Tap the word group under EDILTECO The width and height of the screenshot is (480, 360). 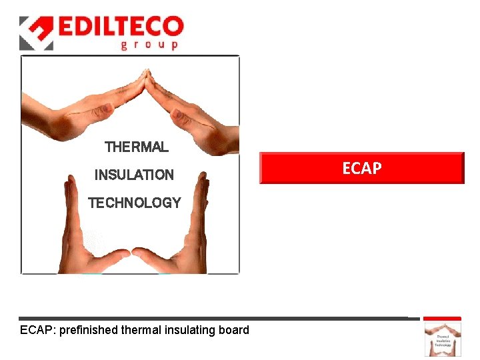[149, 45]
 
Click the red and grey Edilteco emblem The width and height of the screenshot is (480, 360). [36, 33]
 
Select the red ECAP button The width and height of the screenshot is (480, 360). [361, 168]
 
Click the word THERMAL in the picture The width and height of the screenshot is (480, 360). [137, 147]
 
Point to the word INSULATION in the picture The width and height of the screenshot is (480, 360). [134, 175]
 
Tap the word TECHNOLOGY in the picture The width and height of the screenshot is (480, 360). [134, 203]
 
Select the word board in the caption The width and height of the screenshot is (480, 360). [234, 330]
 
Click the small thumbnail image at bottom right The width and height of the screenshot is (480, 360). [443, 339]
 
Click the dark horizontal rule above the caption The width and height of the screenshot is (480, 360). [213, 319]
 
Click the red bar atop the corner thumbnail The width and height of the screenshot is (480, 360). [443, 319]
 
